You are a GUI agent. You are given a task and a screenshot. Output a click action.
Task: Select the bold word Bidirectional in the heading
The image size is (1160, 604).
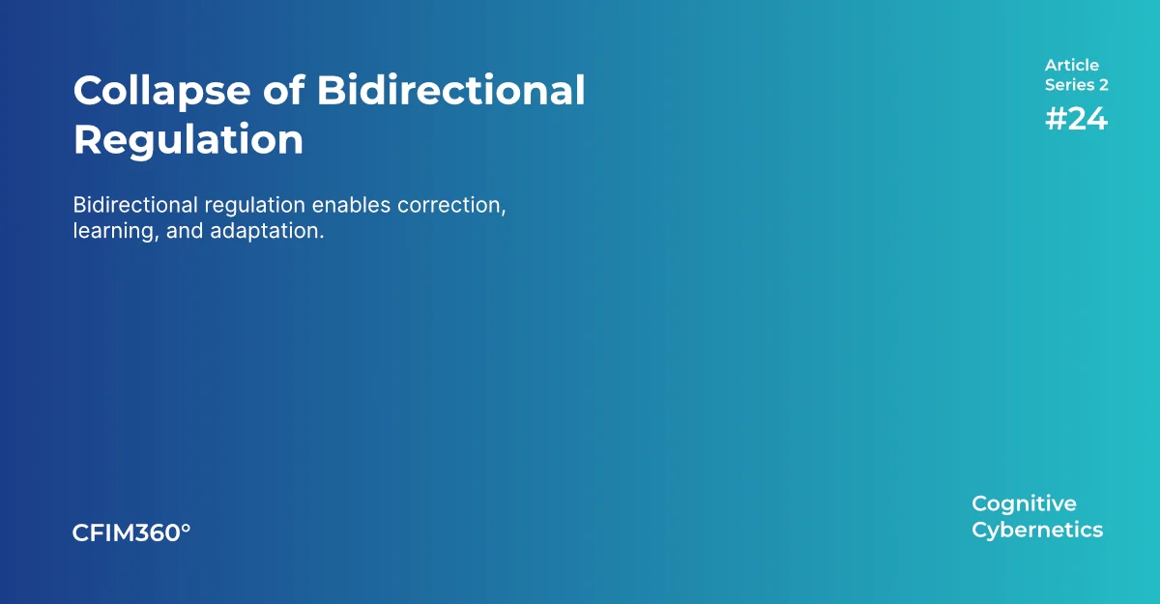[450, 91]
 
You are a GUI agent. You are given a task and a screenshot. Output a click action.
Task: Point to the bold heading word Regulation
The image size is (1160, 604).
[188, 140]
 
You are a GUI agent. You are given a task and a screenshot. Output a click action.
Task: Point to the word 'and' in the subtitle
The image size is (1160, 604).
[183, 232]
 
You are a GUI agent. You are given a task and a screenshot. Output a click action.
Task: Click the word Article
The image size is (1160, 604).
[1071, 66]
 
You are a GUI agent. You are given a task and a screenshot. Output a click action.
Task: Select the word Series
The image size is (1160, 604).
[1069, 85]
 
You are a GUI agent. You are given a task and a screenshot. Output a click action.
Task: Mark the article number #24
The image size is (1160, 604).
[1076, 119]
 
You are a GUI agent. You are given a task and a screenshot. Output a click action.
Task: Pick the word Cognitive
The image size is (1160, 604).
[1024, 503]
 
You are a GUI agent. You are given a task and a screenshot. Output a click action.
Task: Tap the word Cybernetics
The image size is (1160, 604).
[1037, 530]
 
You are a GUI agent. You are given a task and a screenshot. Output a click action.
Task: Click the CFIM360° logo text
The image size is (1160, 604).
[131, 532]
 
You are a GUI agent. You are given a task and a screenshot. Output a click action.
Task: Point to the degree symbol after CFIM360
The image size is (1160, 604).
[187, 528]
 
